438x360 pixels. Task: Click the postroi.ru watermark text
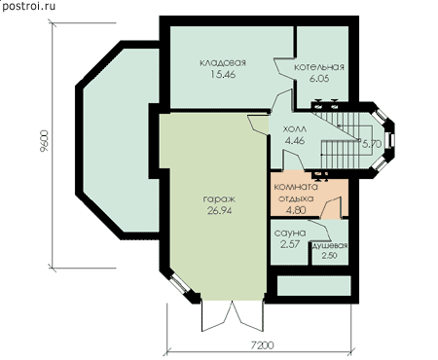pyautogui.click(x=28, y=6)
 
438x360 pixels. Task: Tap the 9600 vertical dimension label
pyautogui.click(x=44, y=141)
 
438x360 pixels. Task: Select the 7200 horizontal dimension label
pyautogui.click(x=263, y=345)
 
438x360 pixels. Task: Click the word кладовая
pyautogui.click(x=223, y=62)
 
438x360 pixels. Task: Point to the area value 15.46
pyautogui.click(x=223, y=75)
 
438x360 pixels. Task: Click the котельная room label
pyautogui.click(x=319, y=67)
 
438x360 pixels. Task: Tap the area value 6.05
pyautogui.click(x=319, y=79)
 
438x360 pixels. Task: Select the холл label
pyautogui.click(x=295, y=129)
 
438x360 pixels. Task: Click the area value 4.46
pyautogui.click(x=295, y=141)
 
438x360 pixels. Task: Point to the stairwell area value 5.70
pyautogui.click(x=372, y=144)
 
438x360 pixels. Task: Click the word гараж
pyautogui.click(x=219, y=199)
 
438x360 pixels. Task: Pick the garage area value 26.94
pyautogui.click(x=219, y=211)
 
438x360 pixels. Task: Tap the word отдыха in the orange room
pyautogui.click(x=296, y=198)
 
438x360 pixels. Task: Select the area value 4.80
pyautogui.click(x=296, y=210)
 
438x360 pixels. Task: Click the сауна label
pyautogui.click(x=290, y=233)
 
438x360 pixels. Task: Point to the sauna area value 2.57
pyautogui.click(x=290, y=244)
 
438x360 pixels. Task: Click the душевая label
pyautogui.click(x=330, y=246)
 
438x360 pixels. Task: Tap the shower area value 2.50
pyautogui.click(x=329, y=256)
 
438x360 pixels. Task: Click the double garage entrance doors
pyautogui.click(x=233, y=316)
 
